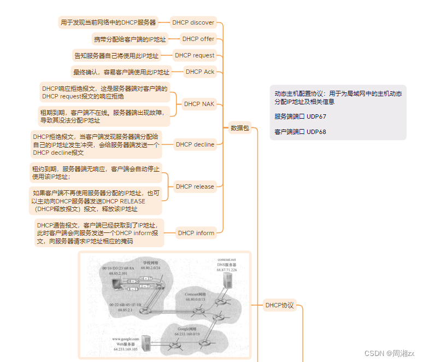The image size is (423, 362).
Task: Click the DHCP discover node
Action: coord(193,22)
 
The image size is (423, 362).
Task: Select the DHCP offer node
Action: coord(198,39)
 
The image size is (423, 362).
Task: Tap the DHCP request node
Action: coord(195,55)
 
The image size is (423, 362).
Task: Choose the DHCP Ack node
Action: coord(200,72)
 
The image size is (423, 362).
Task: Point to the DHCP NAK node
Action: coord(199,104)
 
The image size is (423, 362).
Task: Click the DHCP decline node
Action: coord(195,144)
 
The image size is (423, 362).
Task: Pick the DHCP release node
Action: coord(195,186)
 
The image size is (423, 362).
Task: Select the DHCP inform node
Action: coord(196,233)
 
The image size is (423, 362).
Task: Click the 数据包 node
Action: coord(239,128)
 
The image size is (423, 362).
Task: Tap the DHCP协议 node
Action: coord(279,305)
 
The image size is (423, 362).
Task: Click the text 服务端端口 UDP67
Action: coord(300,116)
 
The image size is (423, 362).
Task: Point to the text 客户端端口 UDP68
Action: coord(300,132)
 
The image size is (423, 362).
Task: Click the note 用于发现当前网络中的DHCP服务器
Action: coord(108,22)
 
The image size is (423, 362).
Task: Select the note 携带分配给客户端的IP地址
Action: coord(130,39)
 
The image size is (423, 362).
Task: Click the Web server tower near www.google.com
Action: coord(146,343)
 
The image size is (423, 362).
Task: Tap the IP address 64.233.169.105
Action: coord(126,348)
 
